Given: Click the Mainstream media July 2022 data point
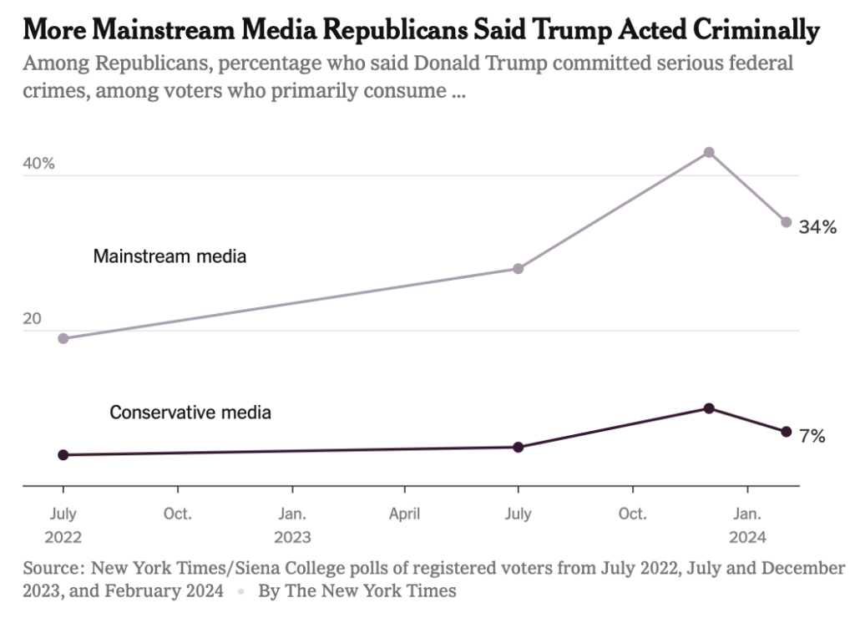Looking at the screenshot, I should (x=63, y=338).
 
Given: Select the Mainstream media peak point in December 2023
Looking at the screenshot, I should (x=709, y=152).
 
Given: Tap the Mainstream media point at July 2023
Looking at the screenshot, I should (x=519, y=268).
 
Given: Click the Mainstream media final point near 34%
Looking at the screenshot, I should (x=786, y=222).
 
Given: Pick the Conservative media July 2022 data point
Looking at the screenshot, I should (x=63, y=455).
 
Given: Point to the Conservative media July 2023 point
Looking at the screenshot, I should (x=519, y=447).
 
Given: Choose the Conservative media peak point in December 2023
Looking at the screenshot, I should (x=709, y=408).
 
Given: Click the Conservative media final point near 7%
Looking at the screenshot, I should (x=786, y=432).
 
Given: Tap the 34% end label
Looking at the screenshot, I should (x=817, y=226).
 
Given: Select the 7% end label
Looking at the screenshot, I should (x=812, y=436).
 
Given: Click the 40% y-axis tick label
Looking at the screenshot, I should (x=38, y=164).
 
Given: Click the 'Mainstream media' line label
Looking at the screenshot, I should (x=169, y=256).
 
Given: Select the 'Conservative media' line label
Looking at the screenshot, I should (x=190, y=412).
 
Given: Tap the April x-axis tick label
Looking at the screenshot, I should (x=405, y=514).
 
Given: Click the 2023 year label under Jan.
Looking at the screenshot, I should (x=292, y=537).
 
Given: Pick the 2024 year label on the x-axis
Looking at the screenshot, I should (x=747, y=537).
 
